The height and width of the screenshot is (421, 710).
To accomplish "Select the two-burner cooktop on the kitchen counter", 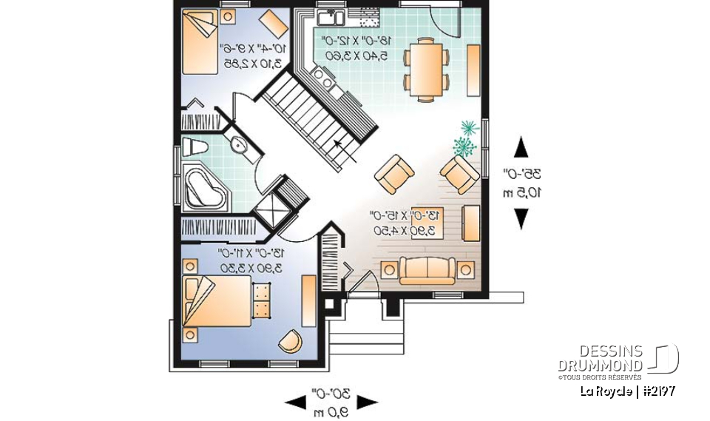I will point(323,74).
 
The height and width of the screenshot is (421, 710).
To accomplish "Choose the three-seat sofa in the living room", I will point(427,270).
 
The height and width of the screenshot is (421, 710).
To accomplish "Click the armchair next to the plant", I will point(459,175).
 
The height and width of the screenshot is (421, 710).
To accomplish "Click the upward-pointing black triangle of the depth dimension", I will point(521,146).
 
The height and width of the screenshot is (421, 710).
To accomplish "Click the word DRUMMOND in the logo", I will point(600,366).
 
